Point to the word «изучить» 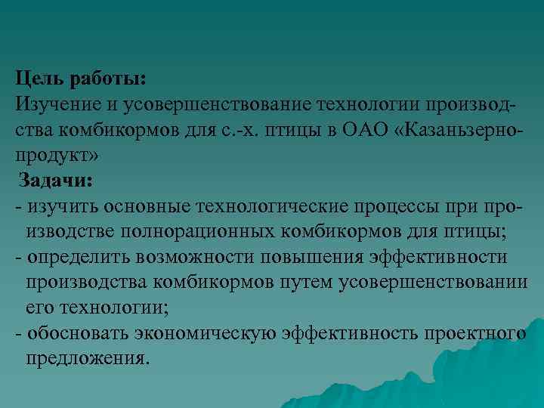(61, 206)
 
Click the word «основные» (147, 206)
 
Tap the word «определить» (79, 256)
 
